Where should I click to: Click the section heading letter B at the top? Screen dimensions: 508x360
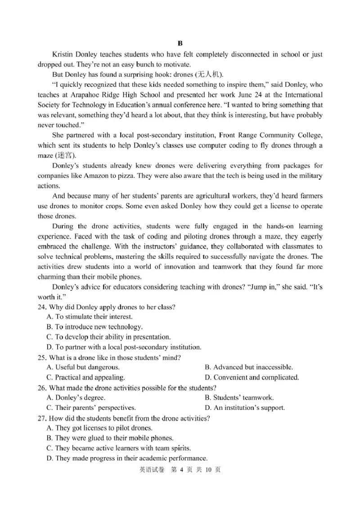click(x=180, y=44)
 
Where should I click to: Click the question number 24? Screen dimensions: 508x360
click(x=42, y=307)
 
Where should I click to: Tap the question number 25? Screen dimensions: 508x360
click(x=42, y=358)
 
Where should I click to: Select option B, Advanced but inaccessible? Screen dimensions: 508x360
click(x=248, y=368)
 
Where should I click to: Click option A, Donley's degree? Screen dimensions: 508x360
click(x=76, y=398)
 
